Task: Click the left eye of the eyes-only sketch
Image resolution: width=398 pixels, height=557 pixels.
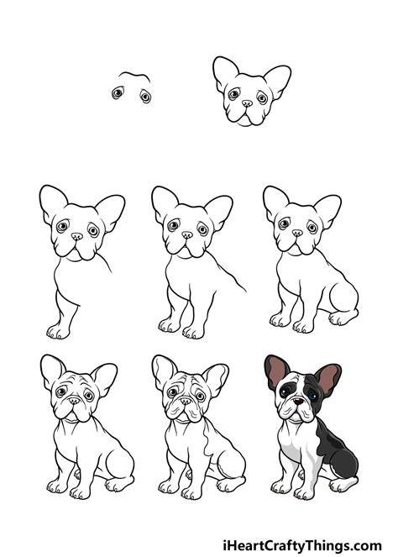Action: coord(118,93)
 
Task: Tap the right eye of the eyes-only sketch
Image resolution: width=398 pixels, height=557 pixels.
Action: coord(145,96)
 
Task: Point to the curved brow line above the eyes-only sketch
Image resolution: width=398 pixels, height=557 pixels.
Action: coord(134,75)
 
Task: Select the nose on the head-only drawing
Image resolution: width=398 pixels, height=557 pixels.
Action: coord(247,103)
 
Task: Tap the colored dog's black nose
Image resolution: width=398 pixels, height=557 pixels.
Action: coord(298,401)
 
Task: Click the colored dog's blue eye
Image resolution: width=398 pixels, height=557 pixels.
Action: coord(313,396)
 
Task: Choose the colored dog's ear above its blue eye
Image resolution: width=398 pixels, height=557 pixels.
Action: coord(328,379)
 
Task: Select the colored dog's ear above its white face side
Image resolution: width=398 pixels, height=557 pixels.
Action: coord(276,371)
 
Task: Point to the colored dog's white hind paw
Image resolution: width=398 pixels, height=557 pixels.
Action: coord(343,484)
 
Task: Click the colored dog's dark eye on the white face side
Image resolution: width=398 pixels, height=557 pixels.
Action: coord(285,391)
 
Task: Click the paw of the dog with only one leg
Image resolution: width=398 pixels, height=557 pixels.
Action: coord(58,332)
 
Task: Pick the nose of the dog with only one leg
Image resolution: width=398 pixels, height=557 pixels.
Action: coord(76,236)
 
